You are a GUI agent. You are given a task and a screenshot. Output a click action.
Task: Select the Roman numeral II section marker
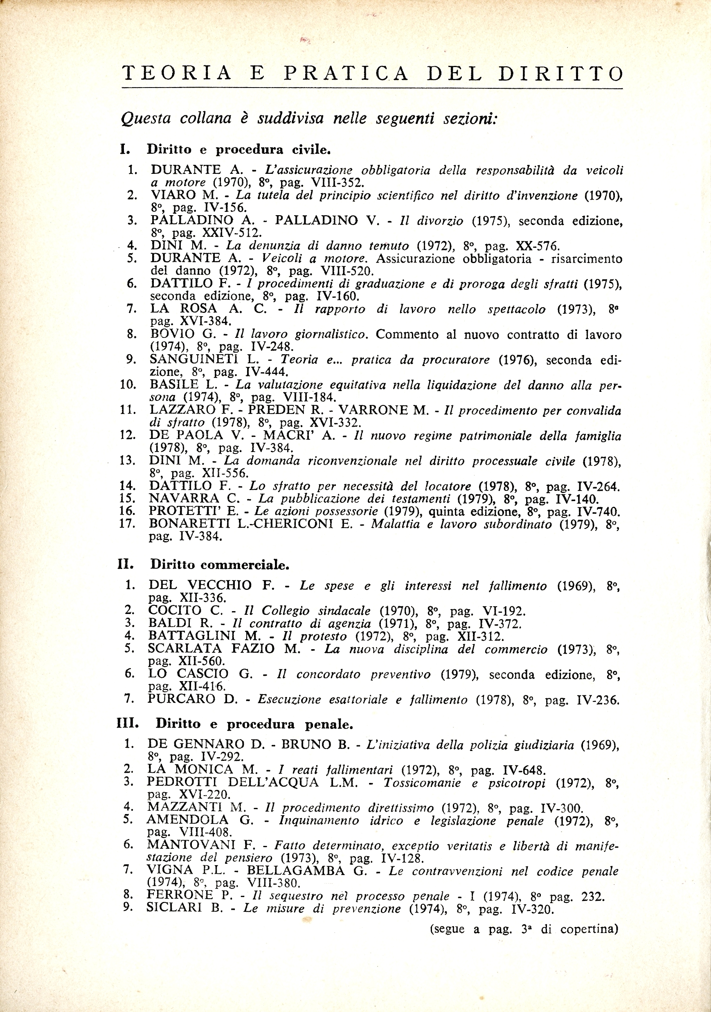pyautogui.click(x=125, y=564)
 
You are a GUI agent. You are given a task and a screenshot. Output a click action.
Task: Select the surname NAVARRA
pyautogui.click(x=184, y=499)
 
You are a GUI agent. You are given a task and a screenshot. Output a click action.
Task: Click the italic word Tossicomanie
pyautogui.click(x=422, y=783)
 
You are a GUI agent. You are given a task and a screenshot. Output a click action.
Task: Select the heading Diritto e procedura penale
pyautogui.click(x=254, y=724)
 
